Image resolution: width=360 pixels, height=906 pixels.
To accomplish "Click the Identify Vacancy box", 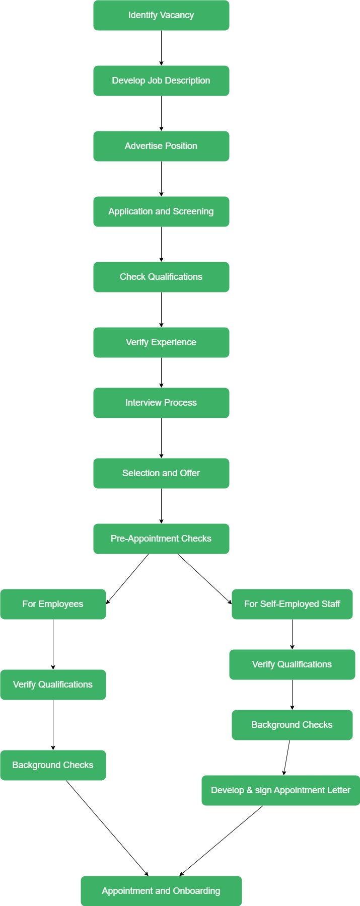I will click(x=161, y=15).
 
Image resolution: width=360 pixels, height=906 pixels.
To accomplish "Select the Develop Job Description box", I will click(x=161, y=81).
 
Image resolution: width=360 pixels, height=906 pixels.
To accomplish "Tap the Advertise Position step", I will click(x=161, y=146).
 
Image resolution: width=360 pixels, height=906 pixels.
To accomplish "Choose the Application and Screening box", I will click(x=161, y=211).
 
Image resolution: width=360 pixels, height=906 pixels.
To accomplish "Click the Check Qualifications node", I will click(x=161, y=277).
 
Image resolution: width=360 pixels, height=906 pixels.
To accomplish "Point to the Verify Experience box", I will click(x=161, y=342).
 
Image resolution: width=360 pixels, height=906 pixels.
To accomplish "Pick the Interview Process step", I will click(x=161, y=403).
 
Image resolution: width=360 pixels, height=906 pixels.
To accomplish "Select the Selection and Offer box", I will click(x=161, y=473).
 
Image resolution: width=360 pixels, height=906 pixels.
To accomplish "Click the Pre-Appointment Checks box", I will click(x=161, y=539).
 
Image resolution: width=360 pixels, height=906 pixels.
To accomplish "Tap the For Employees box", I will click(x=53, y=604).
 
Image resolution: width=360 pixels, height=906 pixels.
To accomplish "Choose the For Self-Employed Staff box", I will click(x=292, y=604).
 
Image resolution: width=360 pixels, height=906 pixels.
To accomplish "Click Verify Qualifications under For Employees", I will click(x=53, y=685).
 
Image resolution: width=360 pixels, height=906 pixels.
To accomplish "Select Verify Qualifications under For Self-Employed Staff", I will click(x=292, y=664).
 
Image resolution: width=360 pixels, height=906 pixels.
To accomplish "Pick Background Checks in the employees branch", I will click(x=53, y=765).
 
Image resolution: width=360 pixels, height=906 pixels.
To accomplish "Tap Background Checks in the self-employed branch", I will click(x=292, y=725).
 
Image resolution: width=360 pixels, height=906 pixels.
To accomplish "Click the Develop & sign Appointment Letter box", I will click(x=280, y=790).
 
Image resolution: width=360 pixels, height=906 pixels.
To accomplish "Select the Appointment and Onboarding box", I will click(x=161, y=891).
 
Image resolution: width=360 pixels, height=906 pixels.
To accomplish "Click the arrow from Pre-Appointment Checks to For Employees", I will click(x=127, y=579).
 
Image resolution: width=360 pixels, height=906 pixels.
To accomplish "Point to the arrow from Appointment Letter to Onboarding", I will click(x=222, y=841).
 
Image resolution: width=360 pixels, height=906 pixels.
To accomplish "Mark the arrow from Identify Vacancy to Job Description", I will click(x=161, y=48).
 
